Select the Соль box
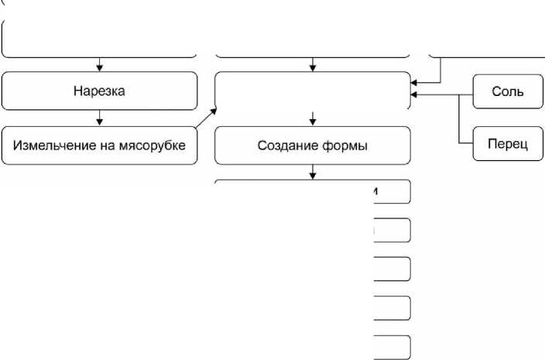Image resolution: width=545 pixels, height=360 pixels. (507, 91)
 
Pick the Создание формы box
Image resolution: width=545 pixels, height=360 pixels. (312, 146)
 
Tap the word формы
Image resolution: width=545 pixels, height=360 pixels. (344, 146)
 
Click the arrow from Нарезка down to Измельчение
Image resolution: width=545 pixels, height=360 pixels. (100, 118)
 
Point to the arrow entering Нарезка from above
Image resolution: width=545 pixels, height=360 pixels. (100, 64)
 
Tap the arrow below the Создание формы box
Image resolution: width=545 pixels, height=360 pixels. (312, 173)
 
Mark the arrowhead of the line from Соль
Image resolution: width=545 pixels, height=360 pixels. (415, 95)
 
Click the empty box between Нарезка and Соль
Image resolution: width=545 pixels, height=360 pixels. (312, 91)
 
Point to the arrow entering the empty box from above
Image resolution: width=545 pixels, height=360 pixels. (312, 64)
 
